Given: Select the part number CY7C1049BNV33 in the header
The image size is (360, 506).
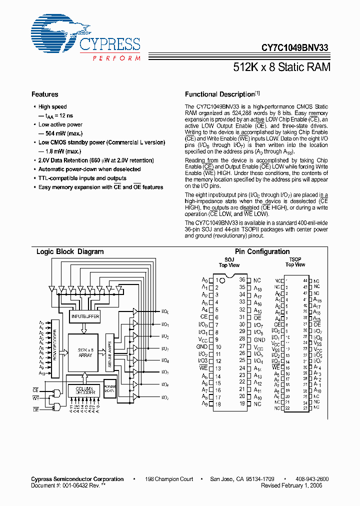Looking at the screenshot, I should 295,48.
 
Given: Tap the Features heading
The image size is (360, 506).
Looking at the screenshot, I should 44,94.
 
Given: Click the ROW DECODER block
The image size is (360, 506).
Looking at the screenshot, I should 55,345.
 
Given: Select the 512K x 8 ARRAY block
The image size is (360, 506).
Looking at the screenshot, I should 85,352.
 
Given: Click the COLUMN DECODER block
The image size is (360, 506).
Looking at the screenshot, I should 85,390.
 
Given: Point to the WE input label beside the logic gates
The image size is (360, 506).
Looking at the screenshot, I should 36,398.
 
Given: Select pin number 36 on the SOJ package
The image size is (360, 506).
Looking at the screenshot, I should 242,280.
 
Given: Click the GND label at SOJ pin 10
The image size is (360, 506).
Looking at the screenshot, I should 201,346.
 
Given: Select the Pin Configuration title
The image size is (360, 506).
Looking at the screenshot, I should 262,252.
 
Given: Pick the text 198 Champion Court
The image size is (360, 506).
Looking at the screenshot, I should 169,479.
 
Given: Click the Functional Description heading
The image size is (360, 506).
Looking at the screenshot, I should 220,94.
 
